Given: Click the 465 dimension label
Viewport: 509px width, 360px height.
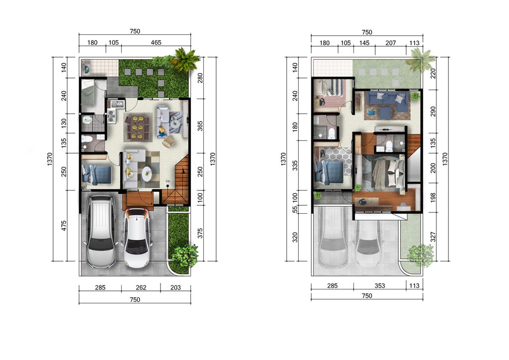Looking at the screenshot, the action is click(156, 43).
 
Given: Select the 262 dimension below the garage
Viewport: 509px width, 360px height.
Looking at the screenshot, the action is click(141, 287).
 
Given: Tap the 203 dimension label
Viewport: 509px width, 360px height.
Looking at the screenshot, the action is click(175, 287).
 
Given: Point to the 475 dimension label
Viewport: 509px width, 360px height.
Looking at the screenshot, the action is click(64, 226).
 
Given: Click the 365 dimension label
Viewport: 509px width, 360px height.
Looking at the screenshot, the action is click(200, 126).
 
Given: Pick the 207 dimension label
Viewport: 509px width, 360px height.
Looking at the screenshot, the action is click(391, 43).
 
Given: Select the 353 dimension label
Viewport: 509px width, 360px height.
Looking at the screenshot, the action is click(379, 285).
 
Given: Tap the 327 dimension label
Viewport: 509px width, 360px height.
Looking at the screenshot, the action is click(433, 237).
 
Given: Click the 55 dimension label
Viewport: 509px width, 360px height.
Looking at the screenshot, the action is click(295, 209).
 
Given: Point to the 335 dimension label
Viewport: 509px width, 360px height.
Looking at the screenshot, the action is click(295, 165).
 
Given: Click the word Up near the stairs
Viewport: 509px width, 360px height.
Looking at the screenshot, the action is click(168, 181).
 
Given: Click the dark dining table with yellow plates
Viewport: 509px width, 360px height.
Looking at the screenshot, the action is click(138, 128).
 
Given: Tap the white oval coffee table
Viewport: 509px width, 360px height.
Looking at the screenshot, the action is click(147, 174).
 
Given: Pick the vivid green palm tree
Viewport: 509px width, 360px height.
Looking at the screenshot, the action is click(185, 59).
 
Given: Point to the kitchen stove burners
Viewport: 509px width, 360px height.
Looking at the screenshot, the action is click(111, 117).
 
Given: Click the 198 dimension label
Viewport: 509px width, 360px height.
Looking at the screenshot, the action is click(433, 198).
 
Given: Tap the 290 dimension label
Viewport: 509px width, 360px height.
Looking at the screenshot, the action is click(433, 112).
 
